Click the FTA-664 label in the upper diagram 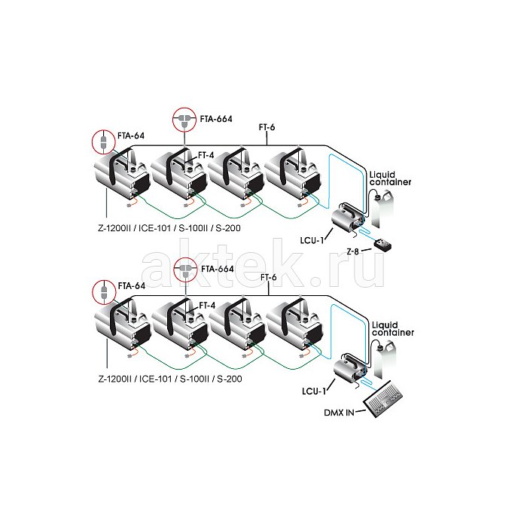coord(216,119)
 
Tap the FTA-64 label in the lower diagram coord(132,286)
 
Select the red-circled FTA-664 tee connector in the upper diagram coord(184,119)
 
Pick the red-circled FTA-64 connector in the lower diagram coord(104,291)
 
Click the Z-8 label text coord(352,251)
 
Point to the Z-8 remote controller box coord(382,245)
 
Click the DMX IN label coord(339,413)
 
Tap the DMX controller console coord(383,398)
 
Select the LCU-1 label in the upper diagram coord(312,240)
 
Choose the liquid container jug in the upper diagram coord(382,209)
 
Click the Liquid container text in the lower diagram coord(393,329)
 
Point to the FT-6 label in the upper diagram coord(267,127)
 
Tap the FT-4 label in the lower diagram coord(207,306)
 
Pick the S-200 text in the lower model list coord(230,379)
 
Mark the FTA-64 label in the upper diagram coord(131,136)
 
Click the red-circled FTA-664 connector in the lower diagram coord(185,270)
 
